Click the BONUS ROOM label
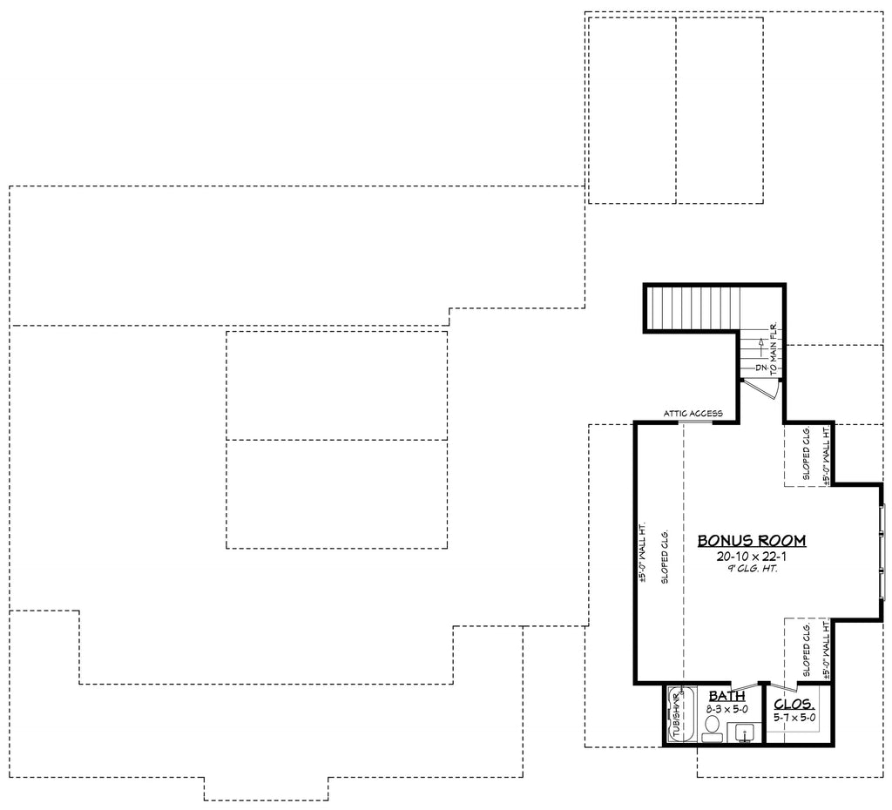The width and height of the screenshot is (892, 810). point(751,541)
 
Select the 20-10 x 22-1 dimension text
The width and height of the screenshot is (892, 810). point(751,556)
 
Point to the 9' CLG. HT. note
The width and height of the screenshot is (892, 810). point(751,569)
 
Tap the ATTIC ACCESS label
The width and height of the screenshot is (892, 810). point(693,414)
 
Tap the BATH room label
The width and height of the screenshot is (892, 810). point(726,696)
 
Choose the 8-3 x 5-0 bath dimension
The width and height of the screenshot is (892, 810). point(726,710)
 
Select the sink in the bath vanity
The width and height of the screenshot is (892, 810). point(743,732)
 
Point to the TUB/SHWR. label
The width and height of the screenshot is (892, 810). point(675,715)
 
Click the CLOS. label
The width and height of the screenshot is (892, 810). point(794,704)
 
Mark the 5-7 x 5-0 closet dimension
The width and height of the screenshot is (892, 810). point(794,718)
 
